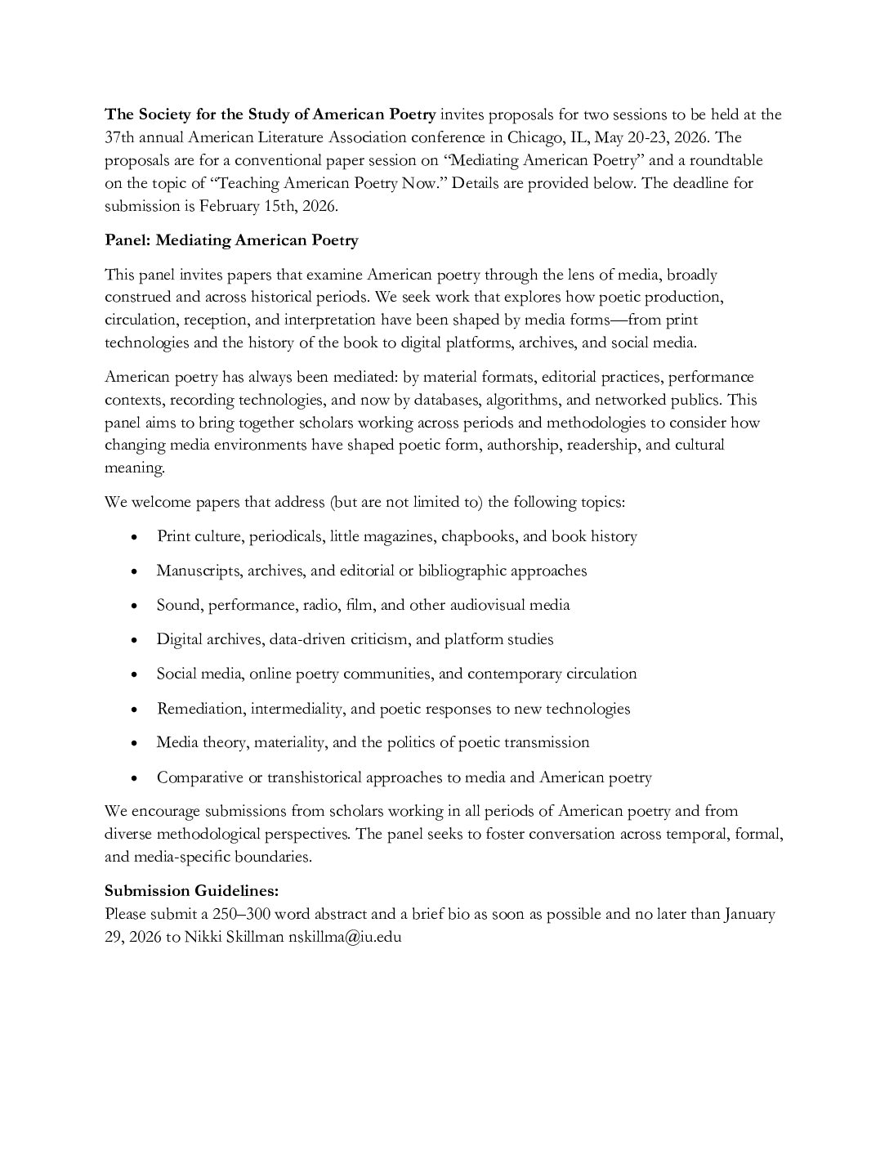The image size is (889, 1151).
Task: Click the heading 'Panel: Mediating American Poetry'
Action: pyautogui.click(x=231, y=240)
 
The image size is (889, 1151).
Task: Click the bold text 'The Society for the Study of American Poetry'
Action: pyautogui.click(x=270, y=114)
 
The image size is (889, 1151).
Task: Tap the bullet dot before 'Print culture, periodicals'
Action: pyautogui.click(x=134, y=538)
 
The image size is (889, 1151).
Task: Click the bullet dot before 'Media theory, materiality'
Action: pyautogui.click(x=134, y=744)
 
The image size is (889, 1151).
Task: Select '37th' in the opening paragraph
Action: pyautogui.click(x=120, y=137)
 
